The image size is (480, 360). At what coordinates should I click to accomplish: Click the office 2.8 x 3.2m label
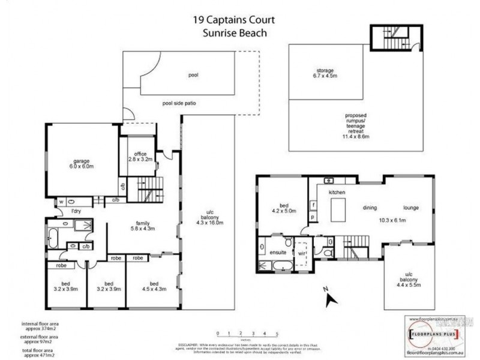tap(140, 157)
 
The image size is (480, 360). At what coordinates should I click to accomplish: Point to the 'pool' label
tap(193, 76)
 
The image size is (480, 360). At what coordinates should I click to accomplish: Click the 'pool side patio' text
tap(179, 103)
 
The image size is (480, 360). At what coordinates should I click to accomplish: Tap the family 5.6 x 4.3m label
tap(143, 226)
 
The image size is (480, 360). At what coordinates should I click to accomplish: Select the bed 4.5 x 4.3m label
tap(154, 287)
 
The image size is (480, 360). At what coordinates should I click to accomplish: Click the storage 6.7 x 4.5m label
tap(326, 73)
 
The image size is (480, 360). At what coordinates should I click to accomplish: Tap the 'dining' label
tap(370, 208)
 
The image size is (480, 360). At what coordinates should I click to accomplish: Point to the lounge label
tap(410, 208)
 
